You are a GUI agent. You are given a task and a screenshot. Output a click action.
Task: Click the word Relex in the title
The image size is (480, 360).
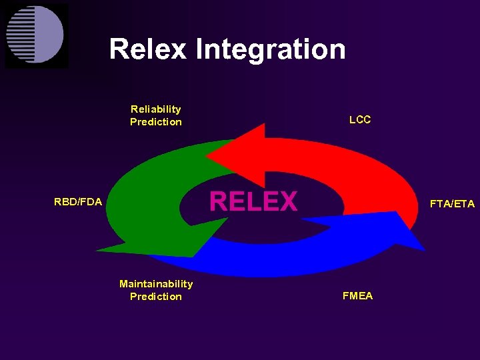tap(147, 49)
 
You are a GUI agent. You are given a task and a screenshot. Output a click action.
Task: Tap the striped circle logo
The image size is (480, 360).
tap(35, 35)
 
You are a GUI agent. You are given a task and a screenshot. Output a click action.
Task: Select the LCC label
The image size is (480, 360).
tap(360, 120)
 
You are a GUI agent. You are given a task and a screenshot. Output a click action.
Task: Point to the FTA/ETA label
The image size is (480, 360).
tap(452, 204)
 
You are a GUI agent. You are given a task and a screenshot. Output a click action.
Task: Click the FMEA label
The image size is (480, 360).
tap(357, 296)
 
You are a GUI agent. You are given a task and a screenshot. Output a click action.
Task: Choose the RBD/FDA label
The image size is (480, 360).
tap(78, 201)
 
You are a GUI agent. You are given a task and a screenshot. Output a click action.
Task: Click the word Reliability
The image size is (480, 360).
tap(156, 109)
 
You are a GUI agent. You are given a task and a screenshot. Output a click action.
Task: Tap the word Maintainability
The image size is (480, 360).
tap(156, 283)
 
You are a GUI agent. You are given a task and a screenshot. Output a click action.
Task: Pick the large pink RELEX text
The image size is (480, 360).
tap(253, 201)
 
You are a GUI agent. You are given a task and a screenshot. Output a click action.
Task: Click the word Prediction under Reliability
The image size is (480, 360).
tap(156, 122)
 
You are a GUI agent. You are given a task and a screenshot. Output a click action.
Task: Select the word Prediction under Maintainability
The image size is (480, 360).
tap(156, 297)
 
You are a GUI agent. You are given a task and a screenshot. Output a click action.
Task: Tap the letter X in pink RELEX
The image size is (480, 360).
tap(287, 201)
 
